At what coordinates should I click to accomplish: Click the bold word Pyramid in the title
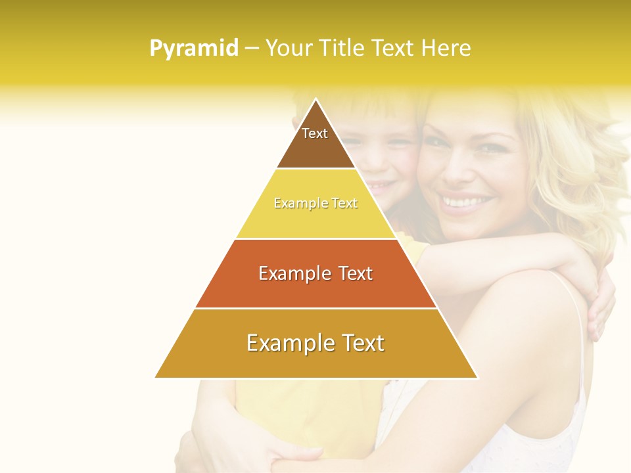click(194, 49)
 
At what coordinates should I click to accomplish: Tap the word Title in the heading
click(343, 49)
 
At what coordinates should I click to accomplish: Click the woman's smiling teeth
click(468, 200)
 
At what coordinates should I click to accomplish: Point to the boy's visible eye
click(392, 141)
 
